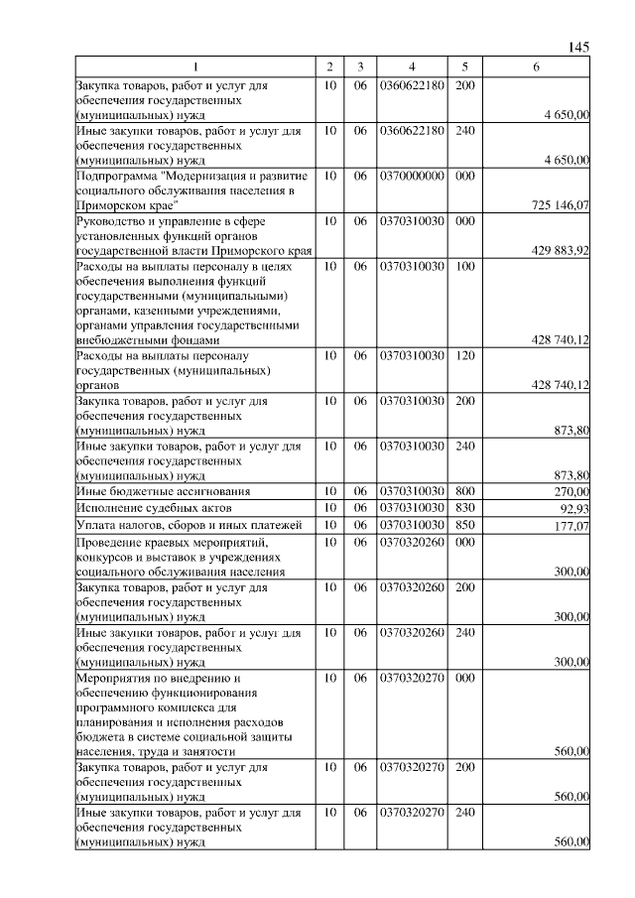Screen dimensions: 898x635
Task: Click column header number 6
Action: coord(536,66)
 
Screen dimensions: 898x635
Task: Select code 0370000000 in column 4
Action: coord(411,175)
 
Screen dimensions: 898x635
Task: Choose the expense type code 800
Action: coord(464,491)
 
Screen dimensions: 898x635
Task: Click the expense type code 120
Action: coord(464,354)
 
